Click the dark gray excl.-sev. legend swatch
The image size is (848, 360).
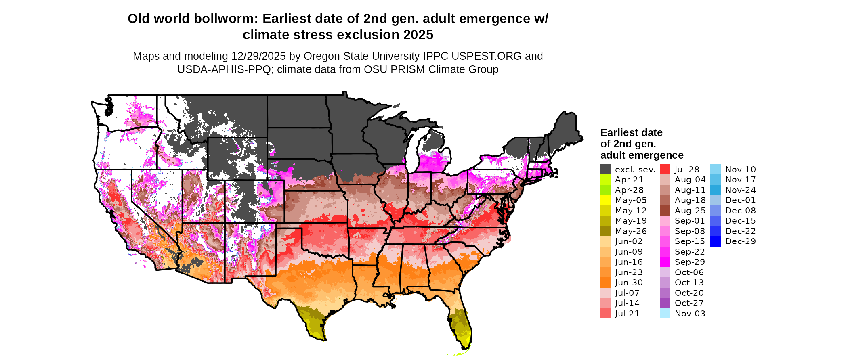point(605,170)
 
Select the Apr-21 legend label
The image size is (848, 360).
point(629,180)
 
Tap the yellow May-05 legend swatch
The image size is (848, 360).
point(605,200)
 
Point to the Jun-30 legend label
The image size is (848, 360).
point(629,283)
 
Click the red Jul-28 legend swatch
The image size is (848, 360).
point(665,170)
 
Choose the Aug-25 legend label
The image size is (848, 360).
point(690,211)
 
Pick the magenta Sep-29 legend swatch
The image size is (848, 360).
point(665,262)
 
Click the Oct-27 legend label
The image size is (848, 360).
point(689,303)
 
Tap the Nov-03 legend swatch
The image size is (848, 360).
point(665,314)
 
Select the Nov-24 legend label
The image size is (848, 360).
point(741,190)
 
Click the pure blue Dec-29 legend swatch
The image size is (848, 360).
point(715,241)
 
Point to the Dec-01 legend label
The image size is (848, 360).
point(741,200)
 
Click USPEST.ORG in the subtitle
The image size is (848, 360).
point(486,56)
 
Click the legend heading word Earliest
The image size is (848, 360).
point(617,132)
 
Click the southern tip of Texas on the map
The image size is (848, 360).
point(323,339)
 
